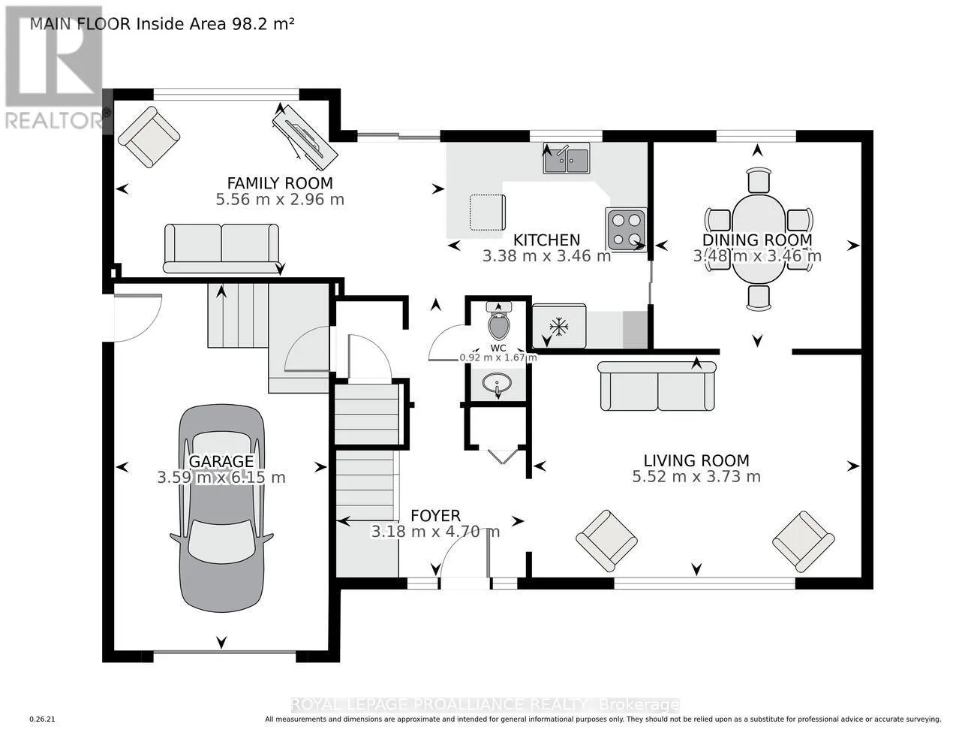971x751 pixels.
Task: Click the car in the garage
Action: pos(221,526)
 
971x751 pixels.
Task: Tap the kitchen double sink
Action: pos(566,159)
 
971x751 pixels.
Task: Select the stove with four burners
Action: pos(626,229)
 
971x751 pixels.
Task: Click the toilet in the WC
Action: pos(498,323)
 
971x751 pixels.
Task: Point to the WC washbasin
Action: pos(498,385)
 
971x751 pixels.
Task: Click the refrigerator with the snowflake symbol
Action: pos(558,326)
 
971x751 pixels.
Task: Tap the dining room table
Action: pos(758,239)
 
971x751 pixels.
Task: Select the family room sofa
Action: pos(221,248)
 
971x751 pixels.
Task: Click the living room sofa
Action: pos(657,386)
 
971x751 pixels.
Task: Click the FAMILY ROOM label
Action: pos(280,183)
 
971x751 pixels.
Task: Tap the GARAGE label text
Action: pos(221,461)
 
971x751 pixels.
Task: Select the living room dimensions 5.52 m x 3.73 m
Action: pos(696,477)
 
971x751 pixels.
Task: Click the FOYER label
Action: pos(435,516)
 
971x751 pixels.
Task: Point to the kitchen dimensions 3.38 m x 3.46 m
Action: pos(546,256)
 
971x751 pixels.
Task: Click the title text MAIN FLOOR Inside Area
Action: pos(161,23)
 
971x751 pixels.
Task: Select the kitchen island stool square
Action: pos(487,213)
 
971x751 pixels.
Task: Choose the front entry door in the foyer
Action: pos(464,563)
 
